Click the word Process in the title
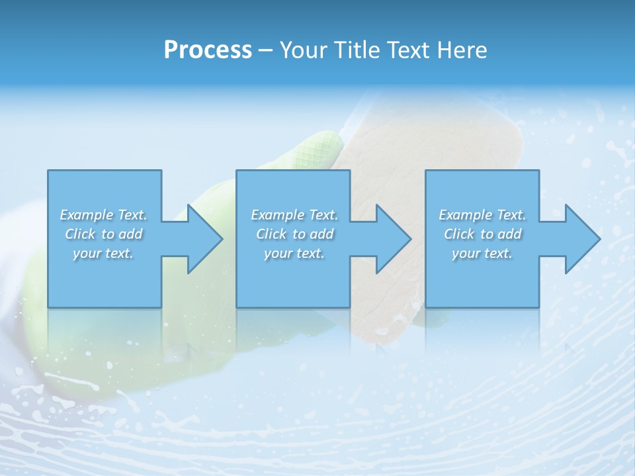tap(208, 50)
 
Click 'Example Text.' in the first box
tap(103, 215)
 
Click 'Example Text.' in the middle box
tap(294, 215)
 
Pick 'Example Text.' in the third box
tap(482, 215)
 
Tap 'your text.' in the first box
tap(103, 253)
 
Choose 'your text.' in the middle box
tap(294, 253)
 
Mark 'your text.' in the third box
tap(482, 253)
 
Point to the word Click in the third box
tap(459, 234)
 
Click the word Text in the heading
tap(408, 50)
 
